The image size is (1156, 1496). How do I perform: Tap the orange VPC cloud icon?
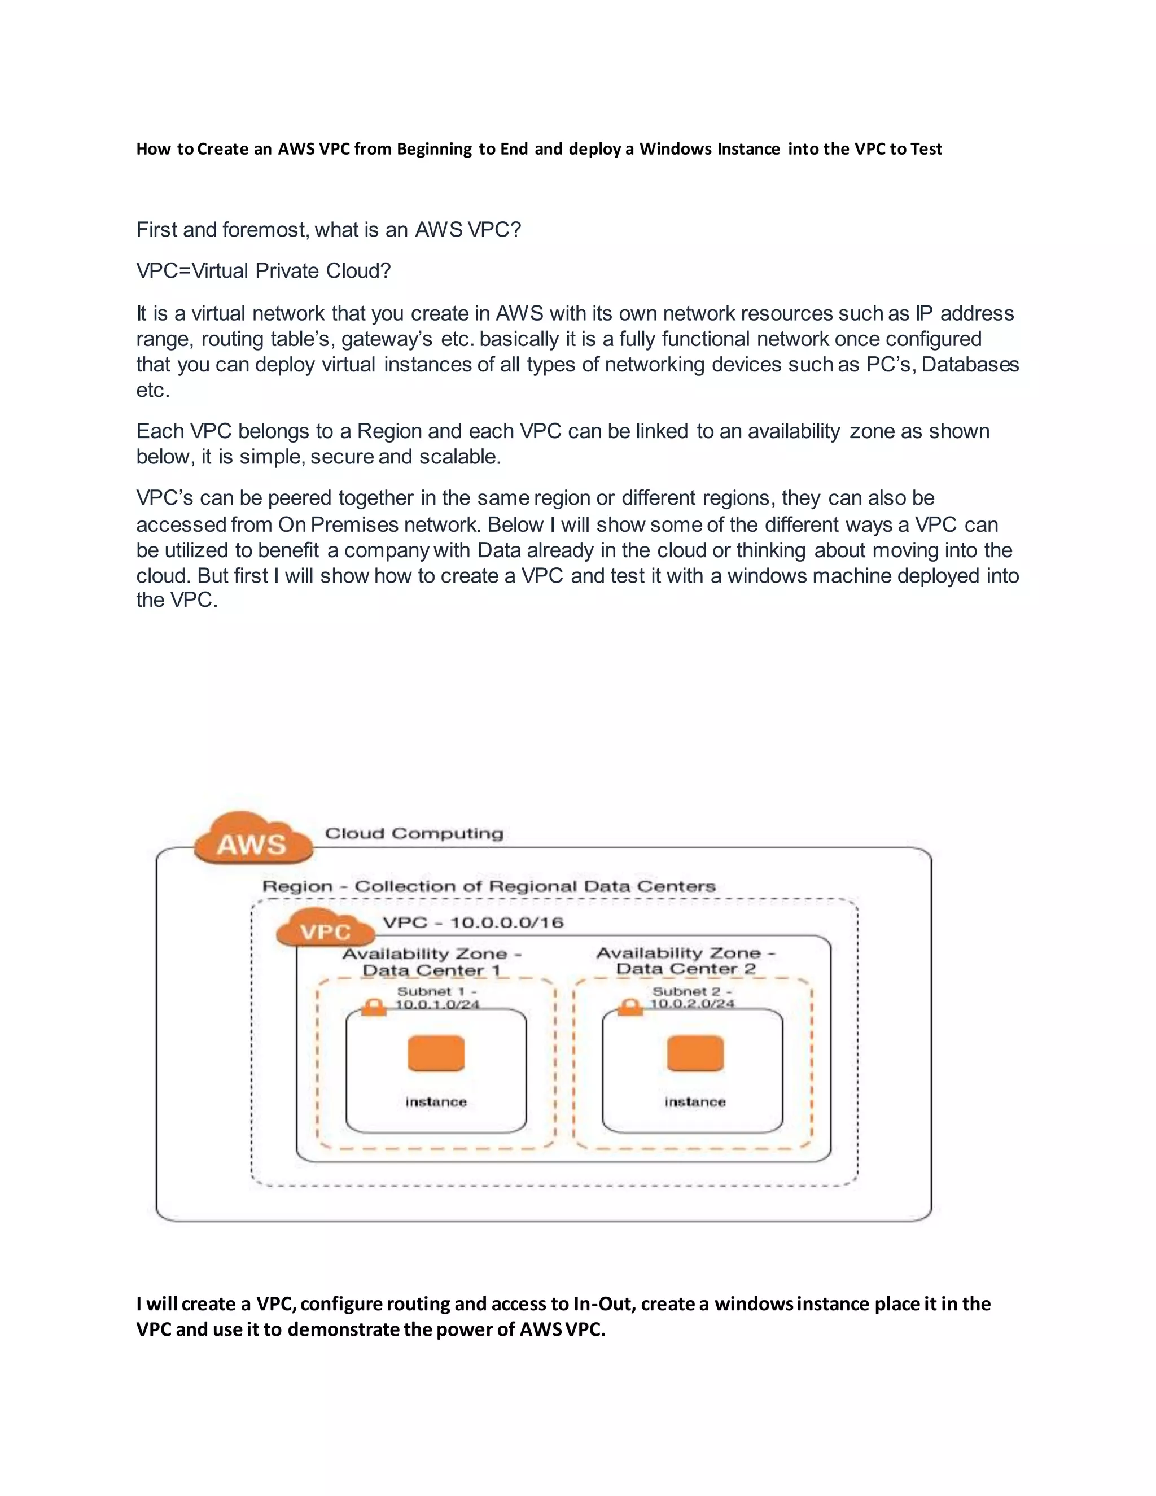coord(325,930)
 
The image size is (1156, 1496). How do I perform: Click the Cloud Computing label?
coord(414,834)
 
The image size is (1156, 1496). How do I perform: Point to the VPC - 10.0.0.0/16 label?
coord(472,922)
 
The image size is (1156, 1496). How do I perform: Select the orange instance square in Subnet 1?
coord(436,1053)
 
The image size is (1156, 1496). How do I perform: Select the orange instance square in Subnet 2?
coord(695,1053)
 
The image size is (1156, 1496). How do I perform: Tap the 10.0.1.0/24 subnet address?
coord(437,1005)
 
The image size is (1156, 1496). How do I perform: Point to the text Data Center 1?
coord(431,970)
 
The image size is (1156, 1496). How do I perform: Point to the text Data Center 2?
coord(685,969)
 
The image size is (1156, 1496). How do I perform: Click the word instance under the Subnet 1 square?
coord(436,1102)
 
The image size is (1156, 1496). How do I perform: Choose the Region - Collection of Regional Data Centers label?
coord(489,886)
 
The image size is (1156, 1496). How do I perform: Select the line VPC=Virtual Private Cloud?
coord(264,271)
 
